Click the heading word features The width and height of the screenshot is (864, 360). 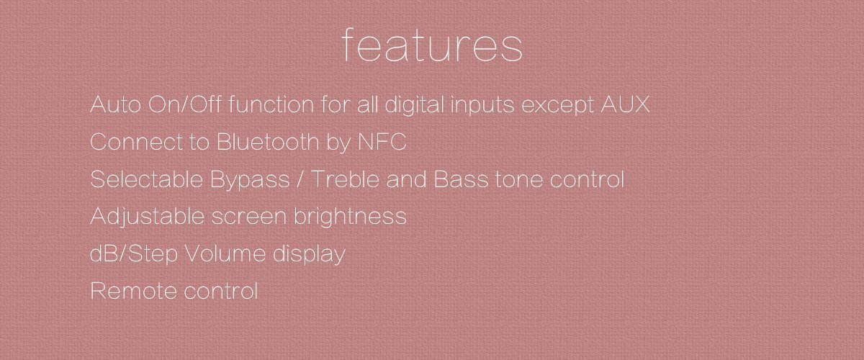432,45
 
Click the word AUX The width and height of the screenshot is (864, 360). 625,105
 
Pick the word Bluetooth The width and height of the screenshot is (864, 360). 266,143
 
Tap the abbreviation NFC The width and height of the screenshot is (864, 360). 382,143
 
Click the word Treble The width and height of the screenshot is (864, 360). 347,180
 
